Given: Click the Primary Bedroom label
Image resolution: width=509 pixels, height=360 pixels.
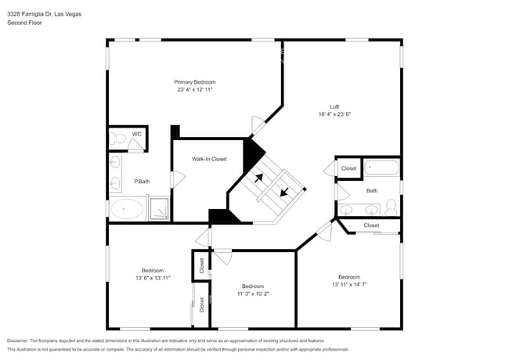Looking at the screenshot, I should tap(194, 82).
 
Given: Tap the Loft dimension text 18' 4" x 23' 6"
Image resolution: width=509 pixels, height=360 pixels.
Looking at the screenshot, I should tap(334, 114).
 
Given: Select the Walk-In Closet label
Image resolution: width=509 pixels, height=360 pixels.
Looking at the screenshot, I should tap(209, 159).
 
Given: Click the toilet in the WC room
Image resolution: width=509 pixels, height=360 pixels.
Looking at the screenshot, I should tap(117, 139).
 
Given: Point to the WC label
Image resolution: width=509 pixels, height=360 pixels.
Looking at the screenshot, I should tap(136, 134).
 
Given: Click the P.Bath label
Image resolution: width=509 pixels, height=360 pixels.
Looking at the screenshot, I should tap(141, 182).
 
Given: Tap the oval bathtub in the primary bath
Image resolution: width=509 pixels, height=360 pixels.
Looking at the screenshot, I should tap(126, 209).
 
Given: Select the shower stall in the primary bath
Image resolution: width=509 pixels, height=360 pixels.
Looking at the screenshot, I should tap(159, 209).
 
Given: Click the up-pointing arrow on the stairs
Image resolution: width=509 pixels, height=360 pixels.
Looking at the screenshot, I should tap(258, 178).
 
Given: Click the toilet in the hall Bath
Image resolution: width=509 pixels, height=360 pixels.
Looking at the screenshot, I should tap(391, 207).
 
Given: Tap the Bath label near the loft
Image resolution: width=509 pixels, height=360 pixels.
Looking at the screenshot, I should tap(371, 190).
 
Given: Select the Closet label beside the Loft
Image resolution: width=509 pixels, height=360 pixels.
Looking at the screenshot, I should tap(348, 168).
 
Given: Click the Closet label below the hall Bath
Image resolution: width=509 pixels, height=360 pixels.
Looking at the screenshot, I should tap(371, 225).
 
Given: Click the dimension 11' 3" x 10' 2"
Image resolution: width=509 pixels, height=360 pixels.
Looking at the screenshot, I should tap(252, 294).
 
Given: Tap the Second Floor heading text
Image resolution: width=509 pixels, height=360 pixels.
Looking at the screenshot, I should tap(24, 23).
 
